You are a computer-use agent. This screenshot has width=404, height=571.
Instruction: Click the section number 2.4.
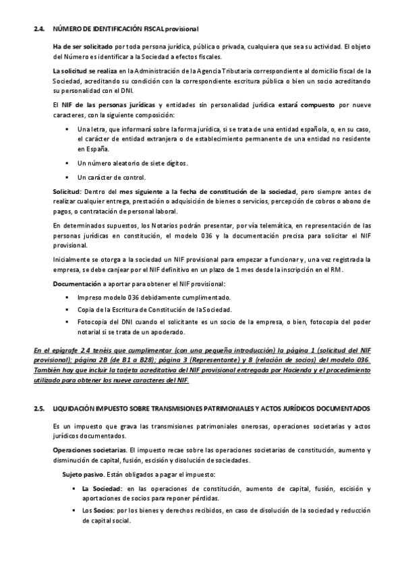39,28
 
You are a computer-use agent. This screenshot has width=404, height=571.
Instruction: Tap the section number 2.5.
39,409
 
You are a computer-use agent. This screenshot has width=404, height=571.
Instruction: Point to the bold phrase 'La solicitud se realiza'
86,71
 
